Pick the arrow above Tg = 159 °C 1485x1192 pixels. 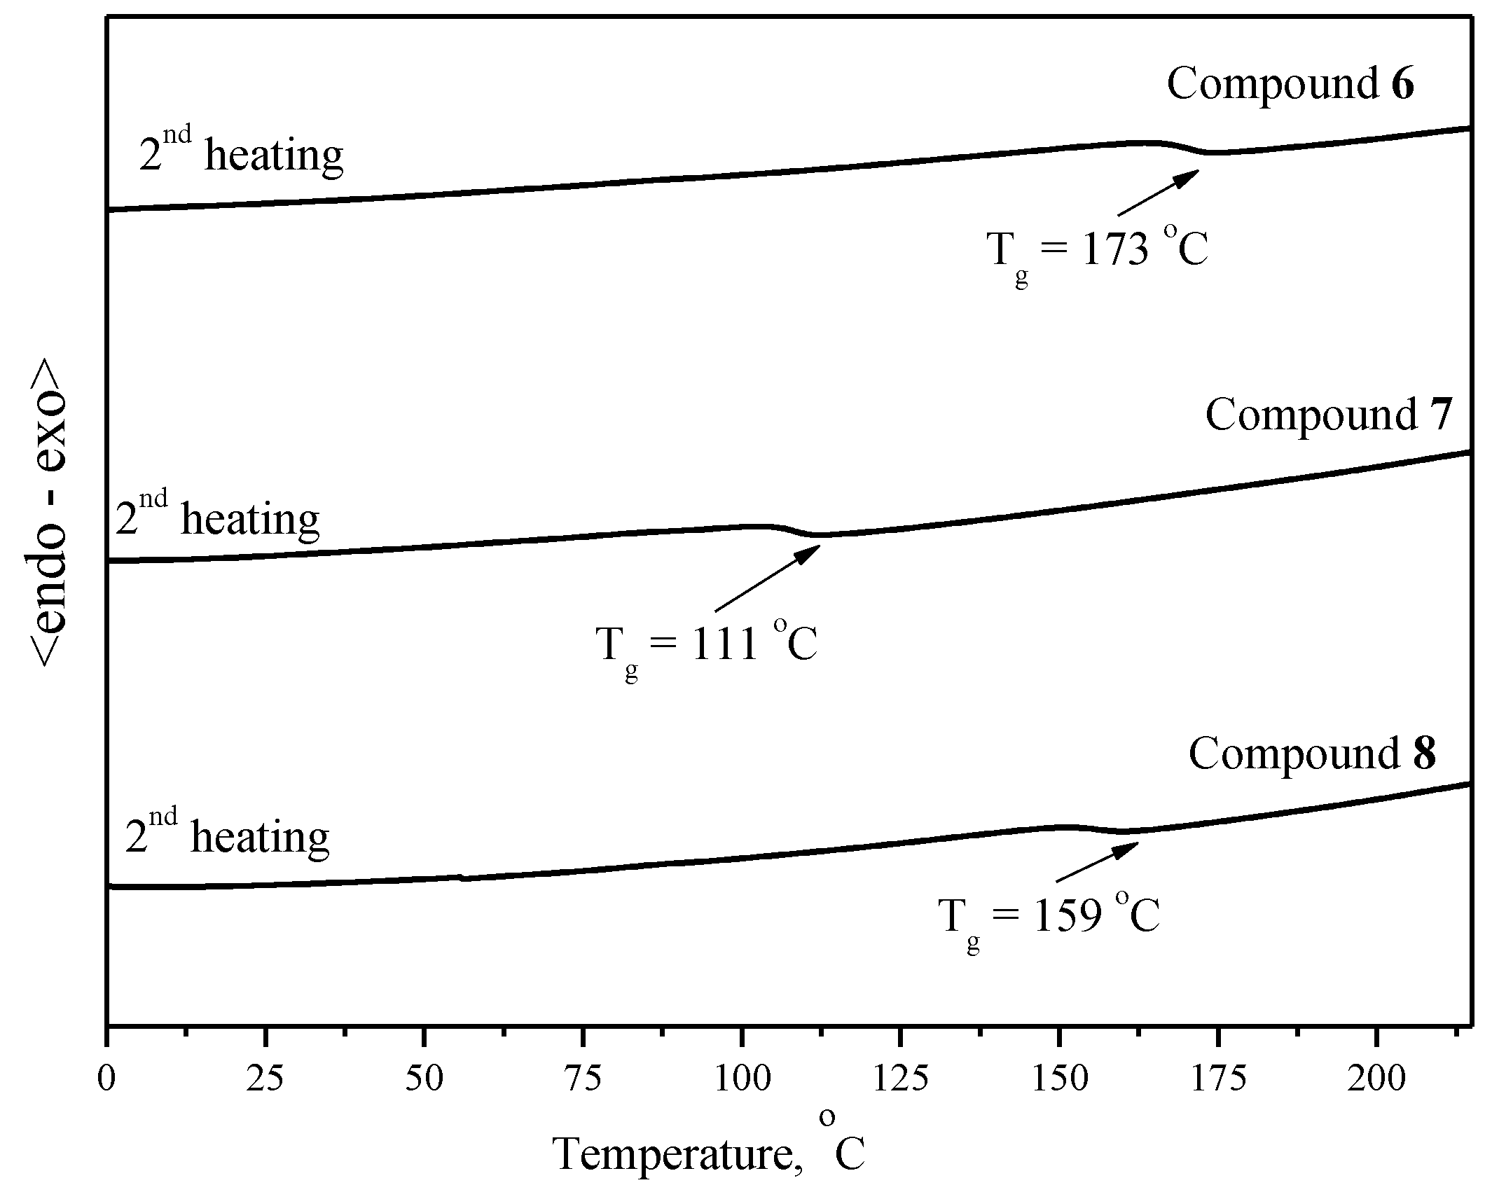tap(1097, 861)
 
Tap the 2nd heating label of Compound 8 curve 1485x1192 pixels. tap(227, 834)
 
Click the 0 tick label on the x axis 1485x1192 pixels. tap(106, 1079)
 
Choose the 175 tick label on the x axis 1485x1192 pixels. tap(1219, 1079)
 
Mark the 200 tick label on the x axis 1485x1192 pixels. tap(1377, 1079)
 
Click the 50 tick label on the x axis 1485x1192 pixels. tap(424, 1079)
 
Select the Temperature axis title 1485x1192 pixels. tap(709, 1152)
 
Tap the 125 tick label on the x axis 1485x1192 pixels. tap(901, 1079)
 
